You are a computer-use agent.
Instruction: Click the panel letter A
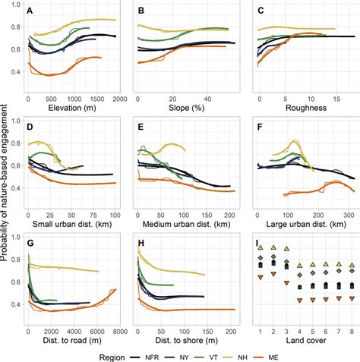click(30, 11)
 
